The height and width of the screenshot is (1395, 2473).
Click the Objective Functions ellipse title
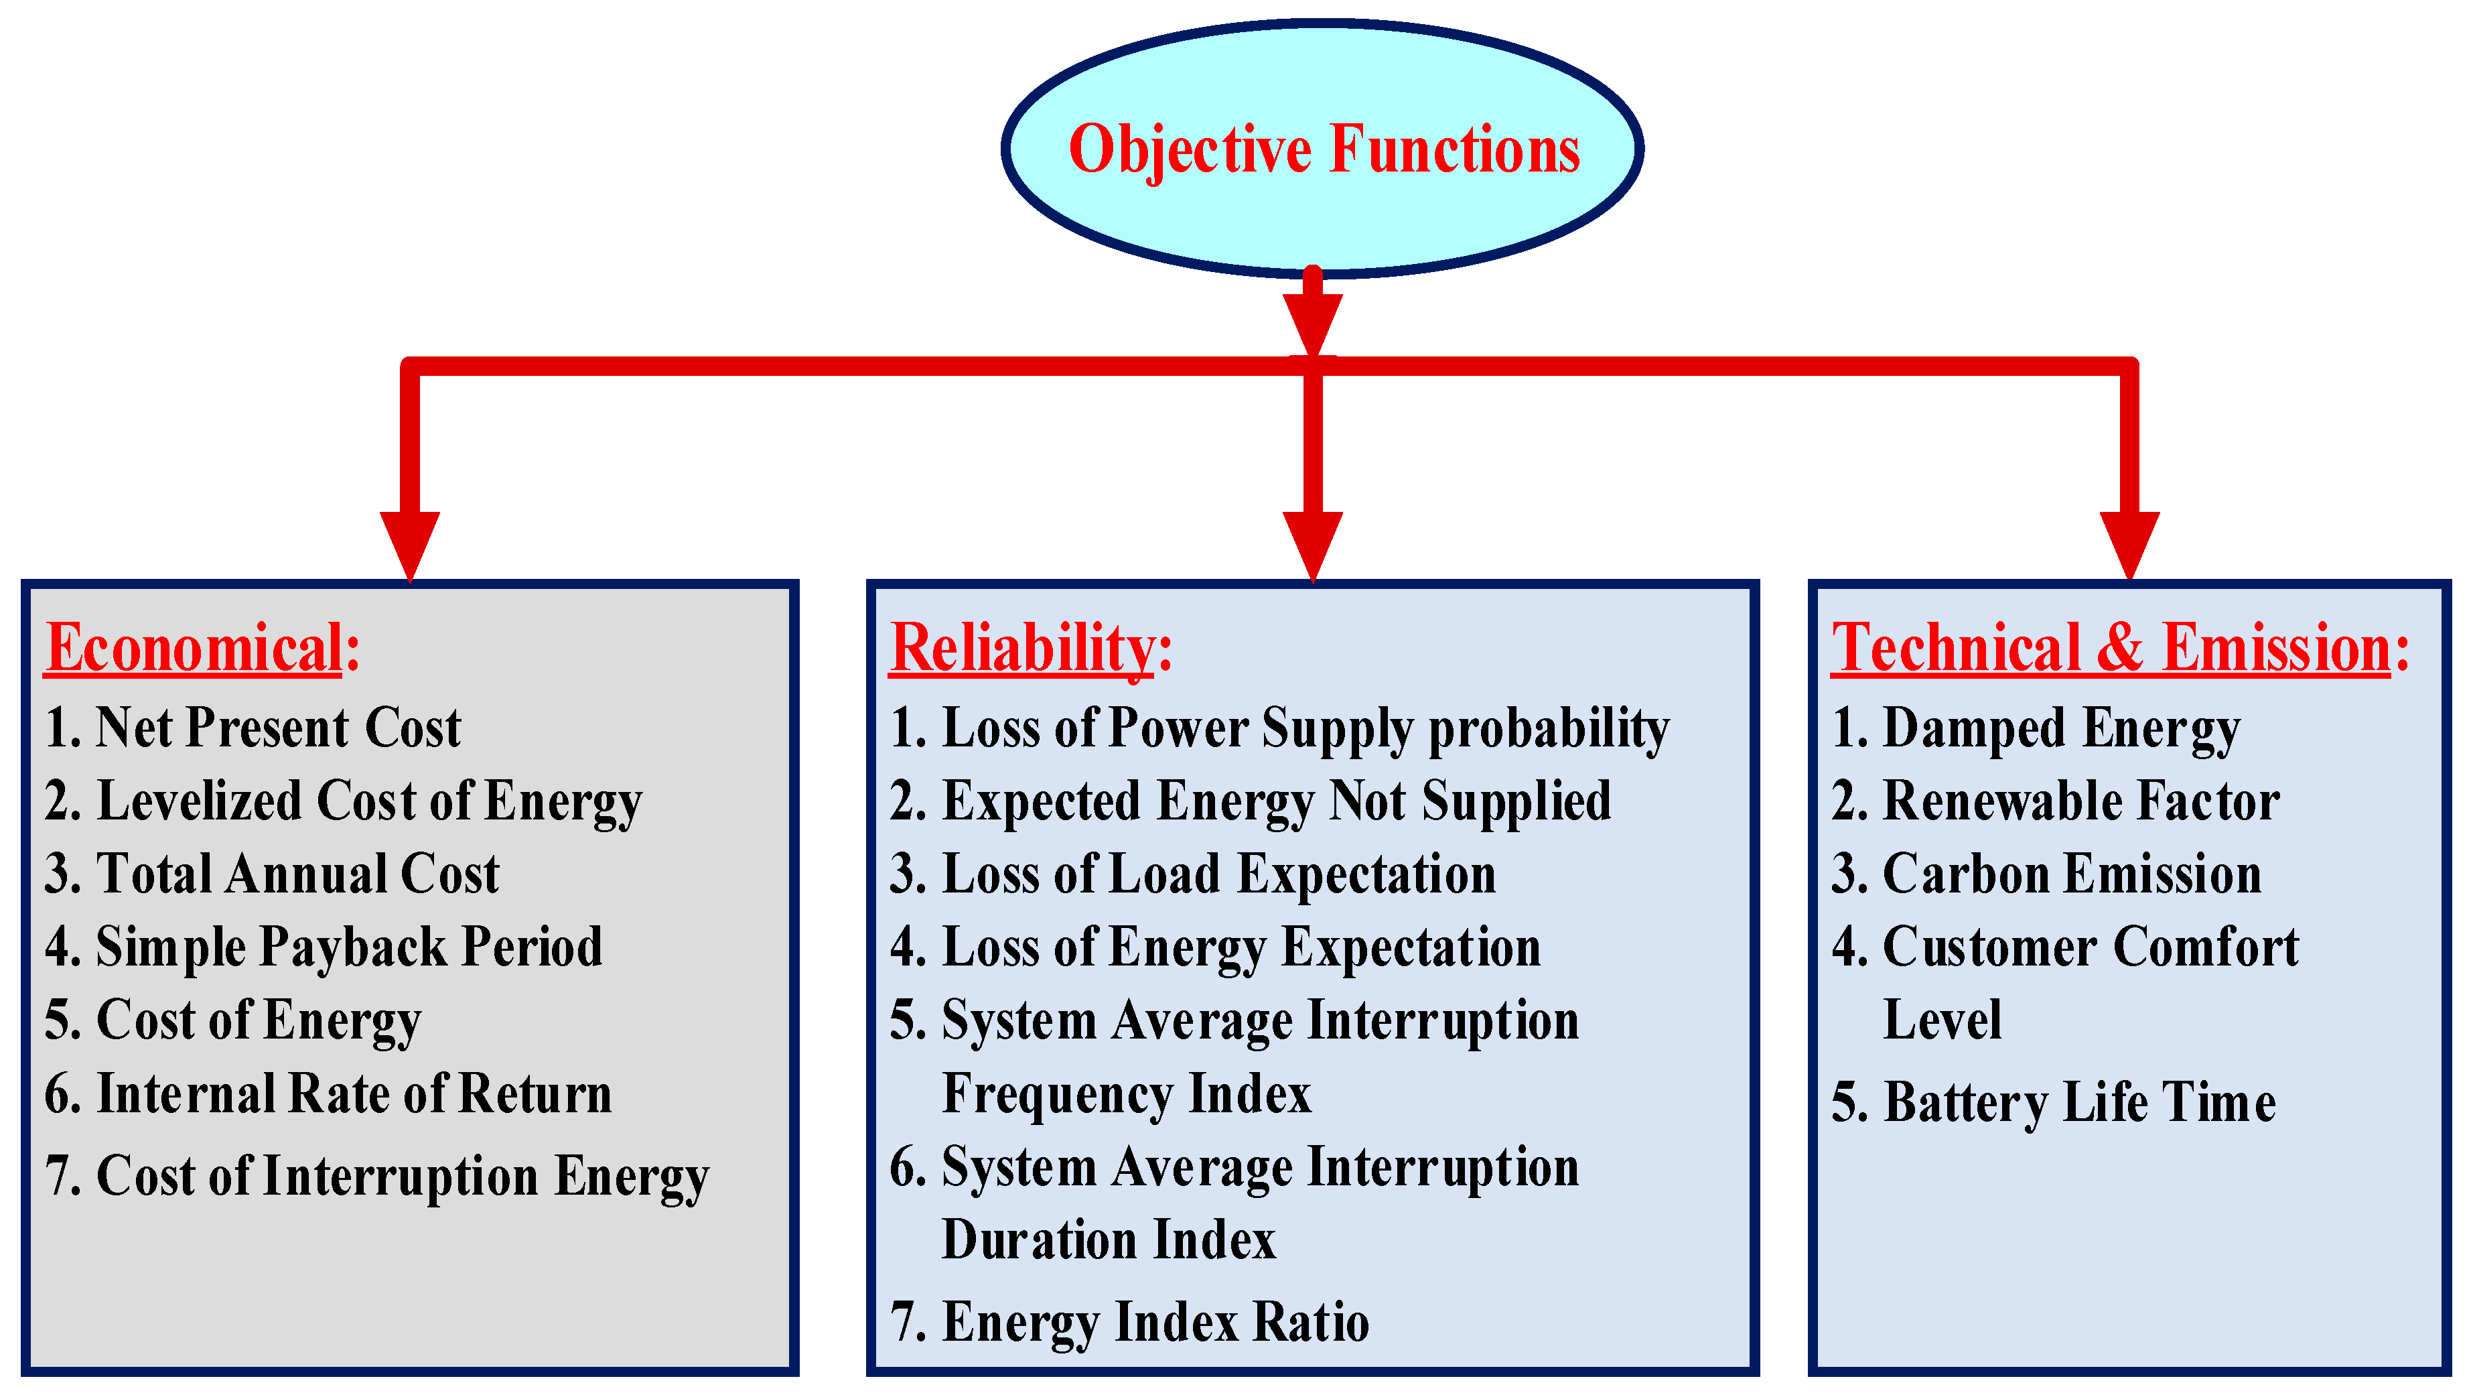click(1323, 150)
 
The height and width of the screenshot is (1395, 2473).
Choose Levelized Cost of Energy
click(343, 801)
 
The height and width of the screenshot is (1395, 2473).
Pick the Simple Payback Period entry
click(324, 947)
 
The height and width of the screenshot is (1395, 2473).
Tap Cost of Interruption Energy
click(376, 1177)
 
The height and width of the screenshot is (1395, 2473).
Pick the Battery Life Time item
click(2054, 1102)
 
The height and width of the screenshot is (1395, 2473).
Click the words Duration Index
click(1109, 1240)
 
